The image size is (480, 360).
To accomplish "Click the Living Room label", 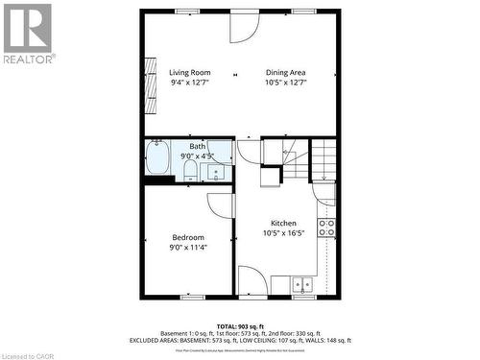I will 189,72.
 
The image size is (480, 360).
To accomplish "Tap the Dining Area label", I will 285,72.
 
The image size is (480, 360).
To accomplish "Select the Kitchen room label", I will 283,222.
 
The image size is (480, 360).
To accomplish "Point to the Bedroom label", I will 188,237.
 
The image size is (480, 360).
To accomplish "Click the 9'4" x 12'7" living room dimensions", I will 189,83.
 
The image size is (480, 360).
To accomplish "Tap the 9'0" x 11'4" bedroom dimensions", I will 188,248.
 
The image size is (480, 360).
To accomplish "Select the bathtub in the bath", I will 158,156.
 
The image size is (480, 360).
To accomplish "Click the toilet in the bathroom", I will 190,171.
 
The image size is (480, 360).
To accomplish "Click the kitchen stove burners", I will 326,228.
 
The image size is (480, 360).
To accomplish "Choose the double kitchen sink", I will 303,284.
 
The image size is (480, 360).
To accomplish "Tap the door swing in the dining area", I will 244,26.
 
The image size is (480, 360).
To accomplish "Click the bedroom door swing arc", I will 222,204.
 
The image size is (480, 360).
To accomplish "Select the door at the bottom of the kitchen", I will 253,281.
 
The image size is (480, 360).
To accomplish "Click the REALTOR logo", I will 28,33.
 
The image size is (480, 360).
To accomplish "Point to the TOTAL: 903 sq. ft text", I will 241,325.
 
